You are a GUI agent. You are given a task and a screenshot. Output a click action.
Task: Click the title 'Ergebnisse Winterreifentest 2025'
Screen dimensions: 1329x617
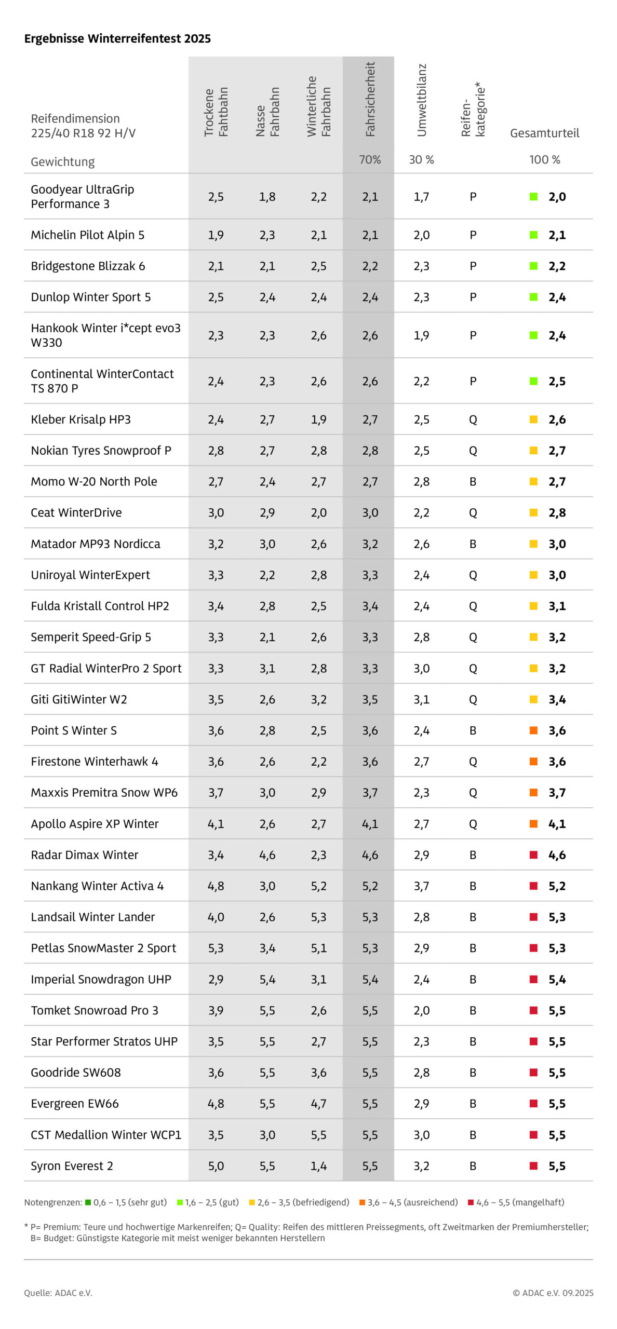(x=117, y=38)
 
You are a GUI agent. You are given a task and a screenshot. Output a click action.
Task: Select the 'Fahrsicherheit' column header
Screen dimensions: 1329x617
(x=370, y=99)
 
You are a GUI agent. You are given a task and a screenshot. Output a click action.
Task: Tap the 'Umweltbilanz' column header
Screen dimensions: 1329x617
(x=421, y=100)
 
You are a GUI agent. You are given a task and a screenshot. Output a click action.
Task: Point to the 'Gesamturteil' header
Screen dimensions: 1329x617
(x=544, y=133)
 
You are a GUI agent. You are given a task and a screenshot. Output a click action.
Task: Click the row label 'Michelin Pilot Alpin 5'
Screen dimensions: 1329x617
(x=87, y=235)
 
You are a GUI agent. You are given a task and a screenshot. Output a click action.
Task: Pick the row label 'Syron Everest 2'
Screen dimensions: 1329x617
(x=72, y=1166)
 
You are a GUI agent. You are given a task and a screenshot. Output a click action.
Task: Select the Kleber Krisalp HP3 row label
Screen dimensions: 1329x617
(x=81, y=419)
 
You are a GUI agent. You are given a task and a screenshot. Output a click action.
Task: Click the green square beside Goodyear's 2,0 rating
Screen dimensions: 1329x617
(x=533, y=197)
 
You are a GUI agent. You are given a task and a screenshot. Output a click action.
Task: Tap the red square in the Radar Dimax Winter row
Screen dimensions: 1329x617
(x=533, y=855)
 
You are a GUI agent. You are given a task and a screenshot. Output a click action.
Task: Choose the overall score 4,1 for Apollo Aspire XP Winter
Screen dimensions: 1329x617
(x=557, y=824)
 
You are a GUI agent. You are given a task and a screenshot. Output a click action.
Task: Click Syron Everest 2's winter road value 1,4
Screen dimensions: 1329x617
(x=318, y=1166)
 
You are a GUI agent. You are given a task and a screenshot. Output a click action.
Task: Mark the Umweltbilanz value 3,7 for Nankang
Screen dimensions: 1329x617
(x=421, y=886)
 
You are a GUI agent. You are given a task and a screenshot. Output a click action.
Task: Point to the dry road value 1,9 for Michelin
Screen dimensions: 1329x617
(x=216, y=235)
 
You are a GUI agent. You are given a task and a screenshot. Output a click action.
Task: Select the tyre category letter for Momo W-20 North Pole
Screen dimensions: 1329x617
(x=473, y=482)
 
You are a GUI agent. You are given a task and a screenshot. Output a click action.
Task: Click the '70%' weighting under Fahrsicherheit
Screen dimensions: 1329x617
(x=370, y=160)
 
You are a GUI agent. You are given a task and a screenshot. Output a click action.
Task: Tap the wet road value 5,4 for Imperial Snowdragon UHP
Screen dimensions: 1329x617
(x=267, y=980)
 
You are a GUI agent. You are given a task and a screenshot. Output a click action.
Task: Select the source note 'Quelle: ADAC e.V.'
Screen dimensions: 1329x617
(x=58, y=1293)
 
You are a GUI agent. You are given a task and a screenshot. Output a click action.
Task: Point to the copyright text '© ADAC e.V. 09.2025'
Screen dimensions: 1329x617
(x=553, y=1293)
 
